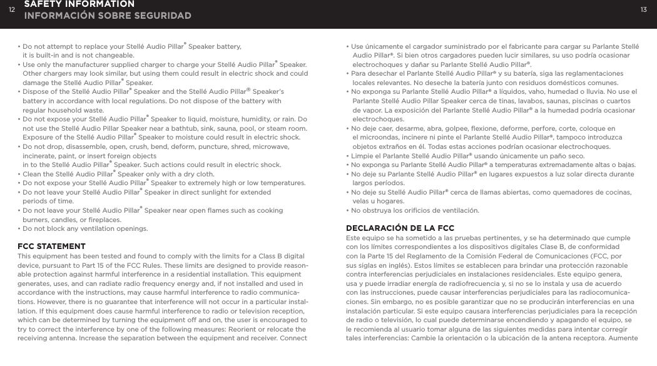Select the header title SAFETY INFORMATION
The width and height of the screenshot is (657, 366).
[79, 4]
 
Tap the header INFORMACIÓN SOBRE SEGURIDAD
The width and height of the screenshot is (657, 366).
[108, 15]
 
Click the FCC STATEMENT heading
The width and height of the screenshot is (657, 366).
[52, 247]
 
